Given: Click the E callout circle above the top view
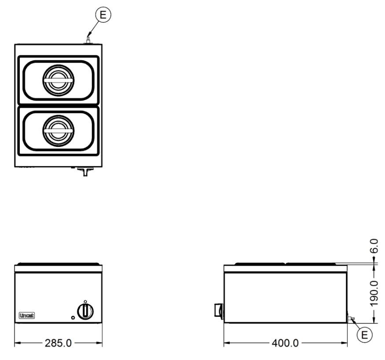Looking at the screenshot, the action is click(103, 15).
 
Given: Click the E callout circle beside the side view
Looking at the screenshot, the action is click(365, 335).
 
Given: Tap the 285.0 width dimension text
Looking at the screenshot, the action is click(58, 343).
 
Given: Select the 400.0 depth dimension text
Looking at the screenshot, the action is click(285, 343).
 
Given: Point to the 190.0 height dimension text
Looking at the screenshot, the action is click(374, 294).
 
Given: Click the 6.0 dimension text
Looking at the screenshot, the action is click(374, 246).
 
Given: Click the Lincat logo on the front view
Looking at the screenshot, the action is click(27, 315).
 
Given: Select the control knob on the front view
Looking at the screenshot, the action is click(85, 311).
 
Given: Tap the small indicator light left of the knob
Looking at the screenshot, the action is click(73, 317).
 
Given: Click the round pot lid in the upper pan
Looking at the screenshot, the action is click(59, 80).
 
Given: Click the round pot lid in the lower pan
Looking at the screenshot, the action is click(59, 131).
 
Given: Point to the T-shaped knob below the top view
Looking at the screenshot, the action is click(85, 171).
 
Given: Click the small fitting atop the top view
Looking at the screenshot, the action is click(88, 41).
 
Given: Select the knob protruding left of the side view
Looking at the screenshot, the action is click(219, 310).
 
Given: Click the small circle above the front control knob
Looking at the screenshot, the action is click(85, 302).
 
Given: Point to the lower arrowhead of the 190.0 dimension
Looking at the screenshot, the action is click(374, 320).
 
